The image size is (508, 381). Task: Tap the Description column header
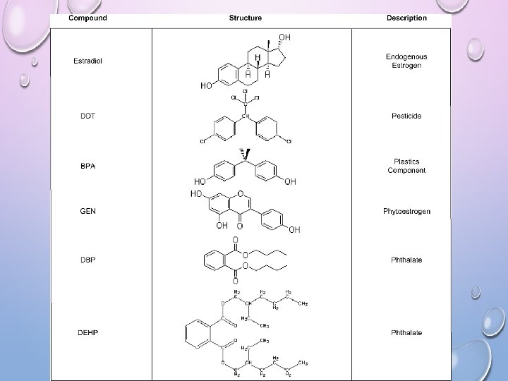point(406,18)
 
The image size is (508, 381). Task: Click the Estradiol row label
point(88,61)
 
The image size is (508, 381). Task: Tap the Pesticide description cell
point(406,115)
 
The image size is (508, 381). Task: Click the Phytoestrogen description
point(406,211)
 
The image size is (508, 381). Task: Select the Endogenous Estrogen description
point(406,61)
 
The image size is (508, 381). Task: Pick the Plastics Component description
point(406,167)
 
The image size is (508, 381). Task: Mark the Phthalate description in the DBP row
point(406,260)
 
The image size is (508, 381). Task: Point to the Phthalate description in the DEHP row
point(406,332)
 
